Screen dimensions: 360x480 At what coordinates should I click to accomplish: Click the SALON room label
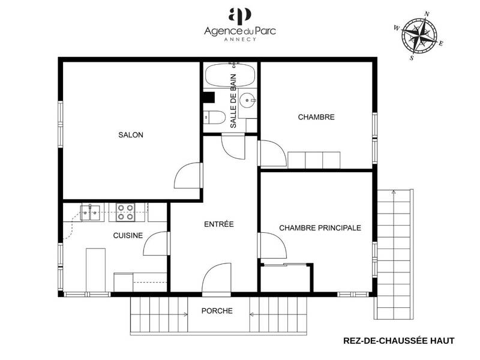(131, 135)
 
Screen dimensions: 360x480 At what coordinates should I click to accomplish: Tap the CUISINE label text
(128, 235)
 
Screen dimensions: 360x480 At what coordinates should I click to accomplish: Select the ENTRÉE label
(218, 224)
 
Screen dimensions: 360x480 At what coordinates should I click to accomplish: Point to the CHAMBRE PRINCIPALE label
(320, 228)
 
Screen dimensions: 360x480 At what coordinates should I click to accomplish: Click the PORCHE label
(217, 311)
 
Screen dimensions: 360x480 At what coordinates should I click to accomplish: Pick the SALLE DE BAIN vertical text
(233, 101)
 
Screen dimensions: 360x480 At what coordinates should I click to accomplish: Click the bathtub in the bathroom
(222, 76)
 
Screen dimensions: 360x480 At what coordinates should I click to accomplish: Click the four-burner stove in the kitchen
(125, 211)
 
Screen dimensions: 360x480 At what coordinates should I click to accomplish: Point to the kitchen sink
(91, 211)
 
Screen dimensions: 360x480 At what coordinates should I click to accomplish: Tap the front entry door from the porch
(217, 279)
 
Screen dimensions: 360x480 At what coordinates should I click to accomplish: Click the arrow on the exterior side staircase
(393, 193)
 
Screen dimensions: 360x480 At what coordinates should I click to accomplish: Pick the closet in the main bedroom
(286, 278)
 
